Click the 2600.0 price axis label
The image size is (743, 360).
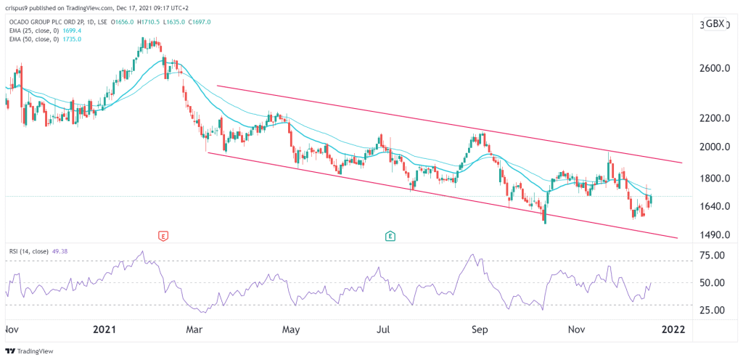tap(710, 68)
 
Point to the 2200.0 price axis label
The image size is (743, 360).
tap(710, 118)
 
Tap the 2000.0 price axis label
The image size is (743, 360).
tap(710, 147)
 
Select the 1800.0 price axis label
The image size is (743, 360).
tap(710, 179)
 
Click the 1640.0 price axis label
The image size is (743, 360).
tap(710, 206)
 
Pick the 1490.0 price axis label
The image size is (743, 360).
tap(710, 236)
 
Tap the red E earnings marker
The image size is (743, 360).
tap(163, 236)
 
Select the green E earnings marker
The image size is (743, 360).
tap(390, 236)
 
